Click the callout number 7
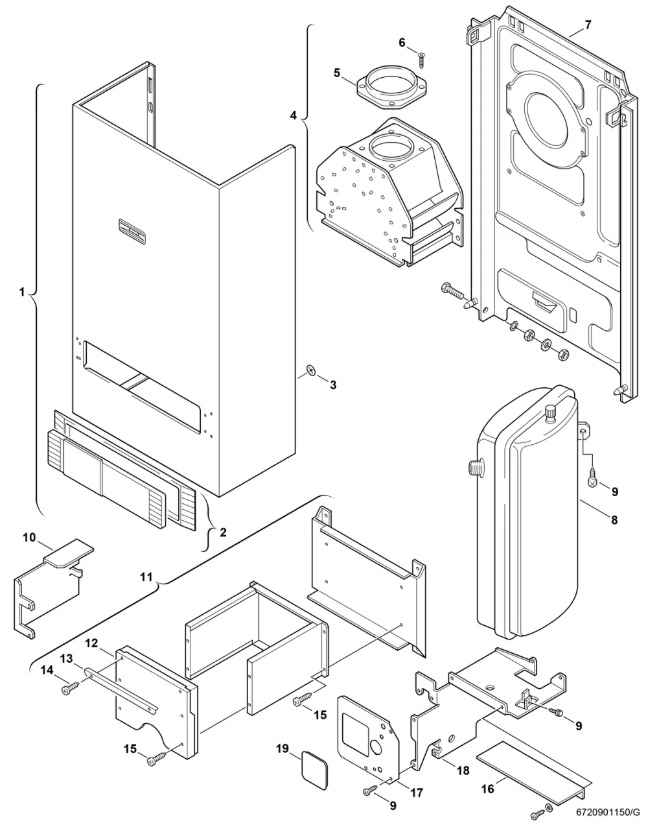point(588,25)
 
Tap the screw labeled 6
point(421,60)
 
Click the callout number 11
point(146,577)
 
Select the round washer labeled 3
point(312,370)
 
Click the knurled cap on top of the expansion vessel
point(551,414)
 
